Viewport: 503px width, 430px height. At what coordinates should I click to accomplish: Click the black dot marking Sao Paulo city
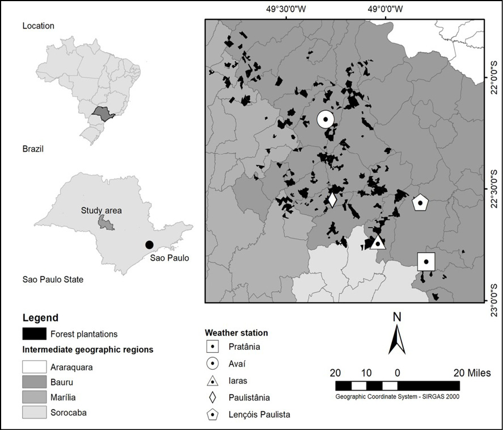149,245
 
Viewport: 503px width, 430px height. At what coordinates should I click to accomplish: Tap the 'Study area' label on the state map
102,211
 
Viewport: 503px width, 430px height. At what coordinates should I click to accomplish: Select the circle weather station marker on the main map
326,119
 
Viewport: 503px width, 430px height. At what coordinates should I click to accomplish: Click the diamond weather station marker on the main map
332,200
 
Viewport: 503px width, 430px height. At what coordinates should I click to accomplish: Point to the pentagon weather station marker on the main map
420,202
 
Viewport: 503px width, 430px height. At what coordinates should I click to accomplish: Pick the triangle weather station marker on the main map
378,243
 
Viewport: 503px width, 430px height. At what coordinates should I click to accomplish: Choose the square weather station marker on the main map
426,261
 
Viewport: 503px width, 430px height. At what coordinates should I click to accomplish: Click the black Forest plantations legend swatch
34,333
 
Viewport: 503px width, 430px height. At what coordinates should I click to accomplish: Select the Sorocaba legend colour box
34,412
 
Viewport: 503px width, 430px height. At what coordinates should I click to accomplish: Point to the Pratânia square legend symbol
213,345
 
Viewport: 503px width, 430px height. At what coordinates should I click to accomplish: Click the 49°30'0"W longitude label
287,9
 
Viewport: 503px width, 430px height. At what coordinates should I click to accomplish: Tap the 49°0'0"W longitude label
385,9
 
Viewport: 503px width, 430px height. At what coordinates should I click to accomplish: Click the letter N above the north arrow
397,317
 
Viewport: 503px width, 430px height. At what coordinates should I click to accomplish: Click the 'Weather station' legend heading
236,332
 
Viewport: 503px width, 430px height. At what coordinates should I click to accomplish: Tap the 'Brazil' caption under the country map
33,149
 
